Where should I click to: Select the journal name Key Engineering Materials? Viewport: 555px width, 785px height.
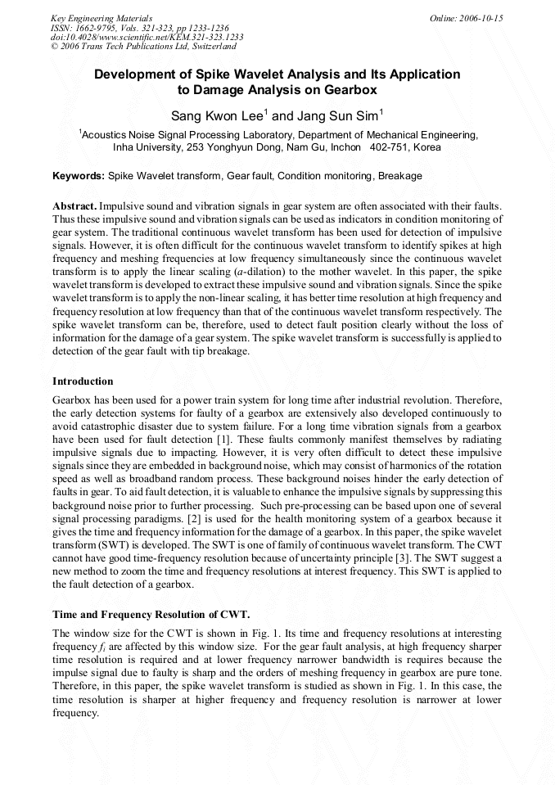click(x=102, y=18)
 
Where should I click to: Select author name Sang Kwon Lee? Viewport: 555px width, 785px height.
click(x=217, y=116)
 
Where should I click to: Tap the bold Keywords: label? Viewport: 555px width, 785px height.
click(x=79, y=176)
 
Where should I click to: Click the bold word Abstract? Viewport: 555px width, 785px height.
click(x=74, y=208)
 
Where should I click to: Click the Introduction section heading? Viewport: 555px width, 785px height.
click(x=83, y=381)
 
